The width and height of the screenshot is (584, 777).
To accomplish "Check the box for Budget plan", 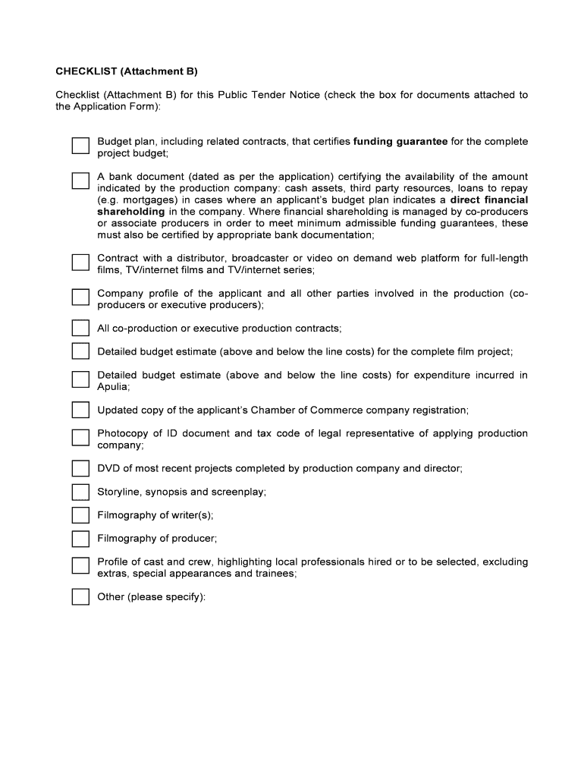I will coord(80,146).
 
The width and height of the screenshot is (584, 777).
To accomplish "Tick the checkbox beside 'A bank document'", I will coord(80,181).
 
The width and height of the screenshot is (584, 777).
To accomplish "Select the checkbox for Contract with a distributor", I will coord(80,263).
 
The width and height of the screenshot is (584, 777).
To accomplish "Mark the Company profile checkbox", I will coord(80,297).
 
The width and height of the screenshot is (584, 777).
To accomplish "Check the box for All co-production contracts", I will coord(80,328).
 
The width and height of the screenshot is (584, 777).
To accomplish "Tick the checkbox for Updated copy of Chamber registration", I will coord(80,410).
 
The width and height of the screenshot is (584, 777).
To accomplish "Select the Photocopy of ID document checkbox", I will coord(80,438).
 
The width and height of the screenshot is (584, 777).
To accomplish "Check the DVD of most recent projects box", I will coord(80,468).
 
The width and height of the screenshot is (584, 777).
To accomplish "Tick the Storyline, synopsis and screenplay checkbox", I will coord(80,492).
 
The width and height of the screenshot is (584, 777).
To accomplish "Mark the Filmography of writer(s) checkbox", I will coord(80,515).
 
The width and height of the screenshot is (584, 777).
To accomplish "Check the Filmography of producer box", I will coord(80,539).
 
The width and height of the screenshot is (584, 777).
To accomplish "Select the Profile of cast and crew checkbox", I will coord(80,566).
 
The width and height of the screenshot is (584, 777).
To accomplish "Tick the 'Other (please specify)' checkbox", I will coord(80,597).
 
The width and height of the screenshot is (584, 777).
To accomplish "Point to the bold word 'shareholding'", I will coord(130,212).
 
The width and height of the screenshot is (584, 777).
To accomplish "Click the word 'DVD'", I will coord(108,468).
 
